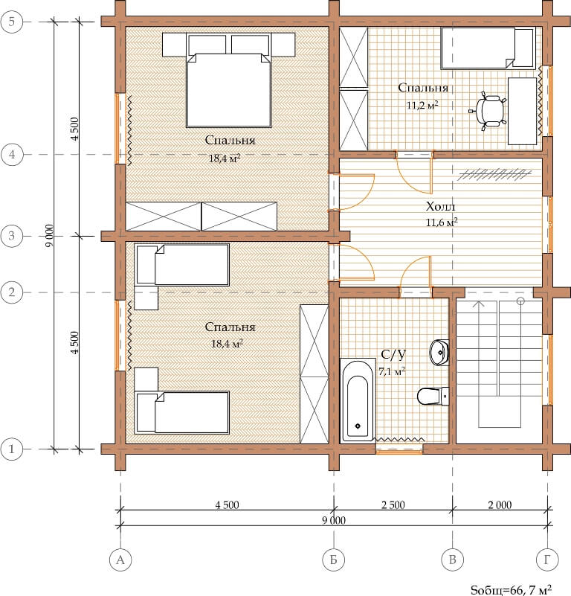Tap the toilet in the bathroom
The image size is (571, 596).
click(x=433, y=397)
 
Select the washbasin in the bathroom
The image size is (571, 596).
click(x=439, y=353)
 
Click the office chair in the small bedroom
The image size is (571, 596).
click(x=489, y=111)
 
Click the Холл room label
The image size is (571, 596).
click(x=440, y=206)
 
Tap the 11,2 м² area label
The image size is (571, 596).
click(x=422, y=106)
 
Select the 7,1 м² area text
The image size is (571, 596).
click(x=392, y=371)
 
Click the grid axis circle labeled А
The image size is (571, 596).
click(x=120, y=560)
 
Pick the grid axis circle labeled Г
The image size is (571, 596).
click(x=547, y=560)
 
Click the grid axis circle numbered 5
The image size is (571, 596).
click(x=12, y=22)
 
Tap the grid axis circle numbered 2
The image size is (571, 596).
click(x=12, y=292)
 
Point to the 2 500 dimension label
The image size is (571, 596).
click(x=393, y=504)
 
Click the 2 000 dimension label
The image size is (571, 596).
click(x=500, y=504)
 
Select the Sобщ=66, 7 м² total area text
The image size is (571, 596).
click(x=512, y=589)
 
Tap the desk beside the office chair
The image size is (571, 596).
click(x=523, y=112)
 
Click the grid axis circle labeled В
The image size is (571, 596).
click(x=453, y=560)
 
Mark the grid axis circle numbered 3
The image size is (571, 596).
click(x=12, y=236)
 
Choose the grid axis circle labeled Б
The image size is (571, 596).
click(x=334, y=560)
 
